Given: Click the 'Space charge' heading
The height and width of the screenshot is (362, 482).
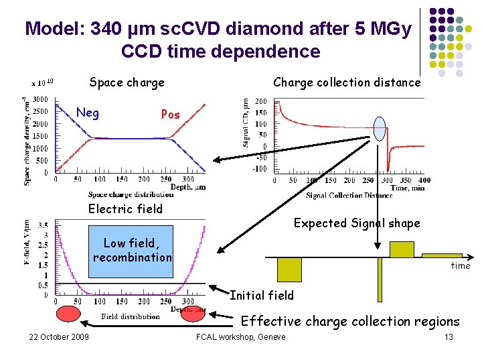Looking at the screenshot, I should coord(127,83).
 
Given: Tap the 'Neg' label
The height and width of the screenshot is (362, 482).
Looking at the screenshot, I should coord(88,113).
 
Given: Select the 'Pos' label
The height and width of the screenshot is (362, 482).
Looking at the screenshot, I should coord(170,115).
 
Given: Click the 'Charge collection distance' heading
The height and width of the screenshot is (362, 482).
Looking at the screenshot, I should coord(347,82).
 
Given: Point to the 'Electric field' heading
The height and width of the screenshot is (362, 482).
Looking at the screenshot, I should coord(125,208).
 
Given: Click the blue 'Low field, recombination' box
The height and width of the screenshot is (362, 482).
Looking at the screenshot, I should coord(132,251).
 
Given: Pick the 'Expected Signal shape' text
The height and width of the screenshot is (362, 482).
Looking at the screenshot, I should coord(357,223).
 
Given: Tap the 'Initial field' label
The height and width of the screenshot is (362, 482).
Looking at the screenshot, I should coord(262,295).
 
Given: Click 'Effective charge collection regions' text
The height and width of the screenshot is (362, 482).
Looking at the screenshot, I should coord(350,321).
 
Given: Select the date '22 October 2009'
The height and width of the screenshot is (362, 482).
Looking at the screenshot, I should coord(59,337).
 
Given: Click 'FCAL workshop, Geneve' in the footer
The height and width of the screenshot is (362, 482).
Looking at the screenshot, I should coord(240,337).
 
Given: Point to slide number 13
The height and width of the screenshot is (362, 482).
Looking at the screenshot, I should coord(449,337).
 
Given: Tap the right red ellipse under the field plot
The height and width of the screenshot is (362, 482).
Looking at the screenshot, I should coord(193,315).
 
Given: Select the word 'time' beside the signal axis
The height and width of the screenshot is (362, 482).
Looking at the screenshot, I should coord(460,266).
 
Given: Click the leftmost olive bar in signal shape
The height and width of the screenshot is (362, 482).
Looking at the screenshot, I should coord(289,269).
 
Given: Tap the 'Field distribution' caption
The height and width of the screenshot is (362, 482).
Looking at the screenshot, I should coord(130,317).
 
